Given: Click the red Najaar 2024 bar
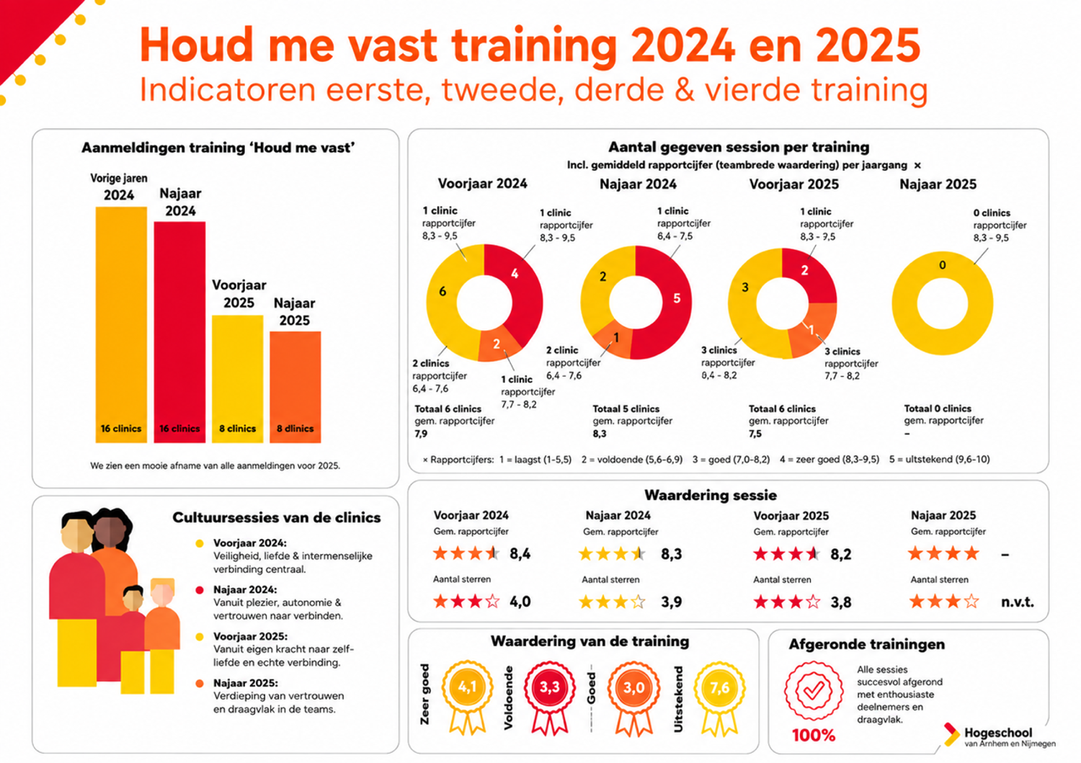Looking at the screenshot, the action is pos(179,332).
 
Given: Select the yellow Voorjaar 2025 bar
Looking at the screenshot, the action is pos(237,379).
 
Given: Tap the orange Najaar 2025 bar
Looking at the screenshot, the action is pos(295,387).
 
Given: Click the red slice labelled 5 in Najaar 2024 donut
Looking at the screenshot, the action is pos(668,302).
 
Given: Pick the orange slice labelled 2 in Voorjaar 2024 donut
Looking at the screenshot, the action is pos(498,344).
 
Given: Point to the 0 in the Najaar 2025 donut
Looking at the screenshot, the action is pos(943,265).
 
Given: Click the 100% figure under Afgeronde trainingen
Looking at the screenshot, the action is pos(814,735).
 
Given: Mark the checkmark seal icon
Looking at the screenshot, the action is pos(814,691).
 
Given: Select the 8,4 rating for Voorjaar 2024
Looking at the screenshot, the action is pos(520,553).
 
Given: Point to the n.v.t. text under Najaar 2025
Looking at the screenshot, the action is pos(1018,602).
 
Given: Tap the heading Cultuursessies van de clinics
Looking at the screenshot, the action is pos(277,517).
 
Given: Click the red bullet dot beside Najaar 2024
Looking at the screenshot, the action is pos(200,590).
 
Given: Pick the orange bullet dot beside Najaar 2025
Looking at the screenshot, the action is pos(200,683).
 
